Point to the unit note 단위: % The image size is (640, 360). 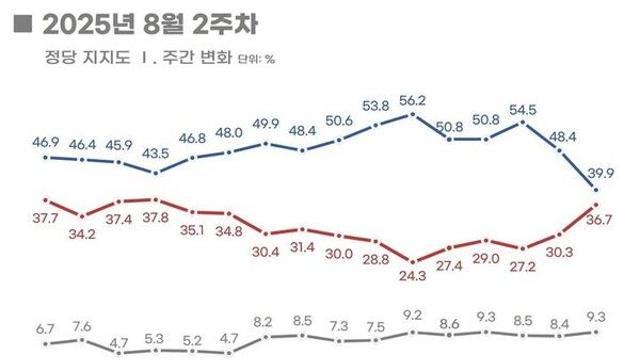(257, 58)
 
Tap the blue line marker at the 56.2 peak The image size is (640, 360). (413, 114)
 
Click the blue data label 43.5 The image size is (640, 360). (156, 155)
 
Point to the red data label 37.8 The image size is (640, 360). (156, 214)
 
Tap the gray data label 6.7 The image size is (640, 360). (46, 328)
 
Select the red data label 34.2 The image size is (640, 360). (83, 234)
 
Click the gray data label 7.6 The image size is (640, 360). (83, 325)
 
